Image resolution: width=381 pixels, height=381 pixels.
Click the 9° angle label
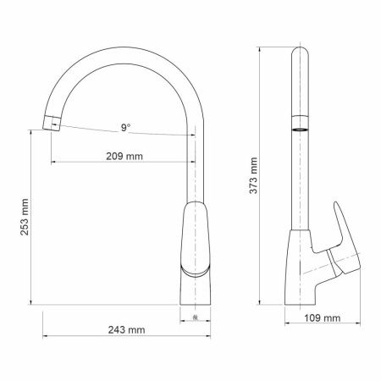pyautogui.click(x=124, y=128)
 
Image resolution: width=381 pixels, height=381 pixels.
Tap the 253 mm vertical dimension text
pyautogui.click(x=25, y=216)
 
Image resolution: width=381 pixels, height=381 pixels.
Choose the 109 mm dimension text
pyautogui.click(x=322, y=319)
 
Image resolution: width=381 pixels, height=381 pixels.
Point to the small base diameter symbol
pyautogui.click(x=196, y=318)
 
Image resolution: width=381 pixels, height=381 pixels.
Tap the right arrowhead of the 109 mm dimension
pyautogui.click(x=363, y=327)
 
